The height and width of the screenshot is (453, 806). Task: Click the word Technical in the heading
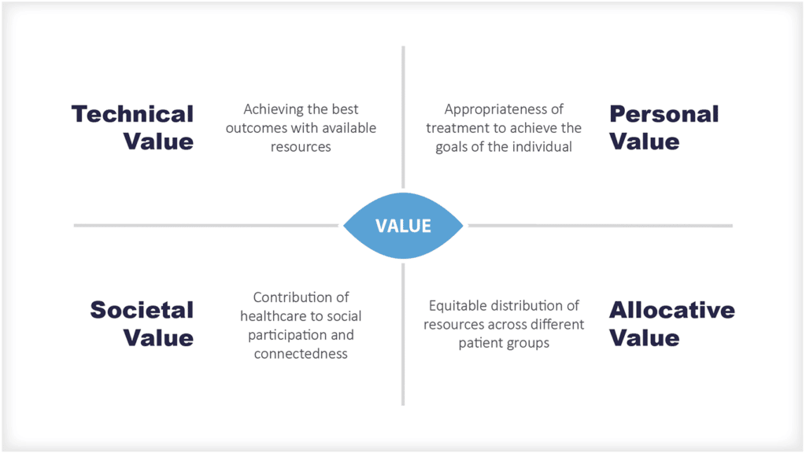(132, 114)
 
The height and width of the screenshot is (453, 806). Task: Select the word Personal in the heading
(664, 114)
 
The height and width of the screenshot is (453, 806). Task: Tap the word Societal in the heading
(142, 310)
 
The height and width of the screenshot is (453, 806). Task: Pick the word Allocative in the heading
(671, 310)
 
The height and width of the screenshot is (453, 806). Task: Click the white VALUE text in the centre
(403, 226)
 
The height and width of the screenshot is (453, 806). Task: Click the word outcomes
(257, 128)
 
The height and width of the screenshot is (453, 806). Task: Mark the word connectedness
(301, 354)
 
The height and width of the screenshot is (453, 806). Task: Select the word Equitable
(457, 305)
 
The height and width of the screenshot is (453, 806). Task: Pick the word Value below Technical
(158, 142)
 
